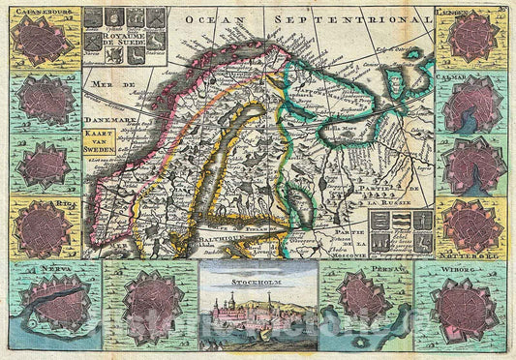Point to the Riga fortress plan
(x=43, y=230)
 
